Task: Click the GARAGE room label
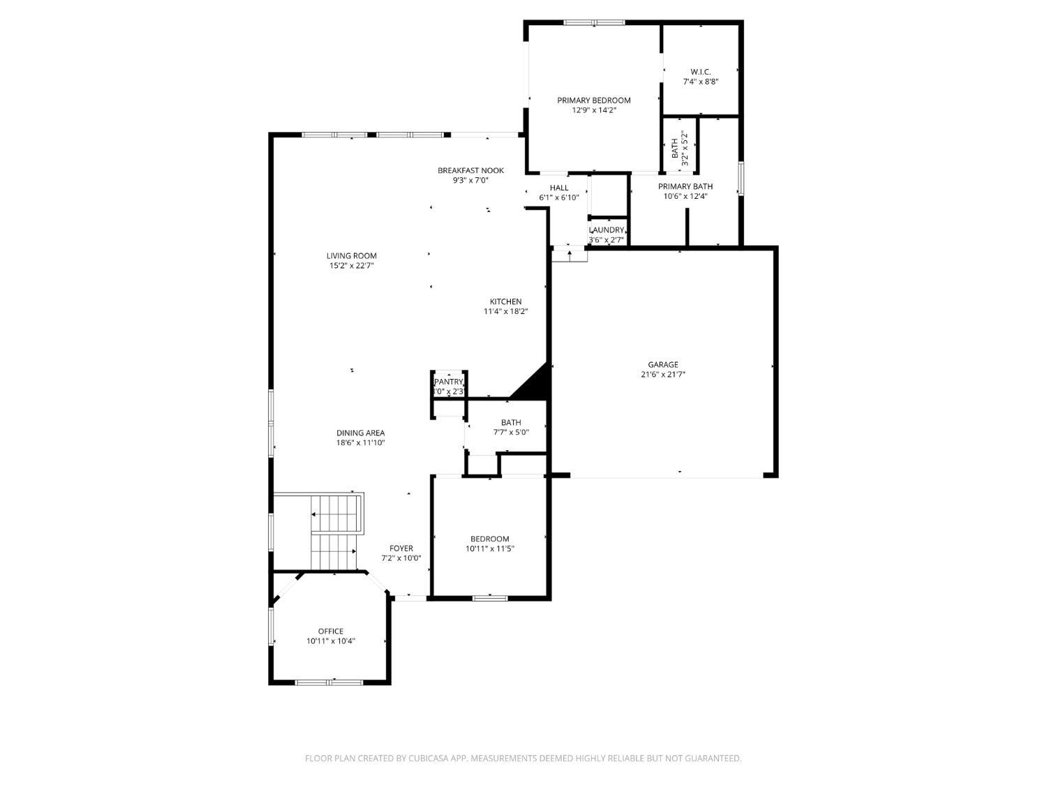662,365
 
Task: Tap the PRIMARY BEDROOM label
594,100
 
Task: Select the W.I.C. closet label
700,72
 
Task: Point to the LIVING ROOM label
352,256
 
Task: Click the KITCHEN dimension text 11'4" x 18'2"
505,311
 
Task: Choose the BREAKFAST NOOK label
470,171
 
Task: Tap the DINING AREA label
361,433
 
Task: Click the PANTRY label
448,382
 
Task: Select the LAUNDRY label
607,230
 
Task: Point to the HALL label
559,188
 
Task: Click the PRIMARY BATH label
685,186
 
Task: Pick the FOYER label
401,548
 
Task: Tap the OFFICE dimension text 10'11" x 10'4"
331,641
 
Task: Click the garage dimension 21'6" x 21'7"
662,375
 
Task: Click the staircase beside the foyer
336,532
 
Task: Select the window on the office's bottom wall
329,682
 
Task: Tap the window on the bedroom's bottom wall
490,598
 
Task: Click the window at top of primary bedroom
594,22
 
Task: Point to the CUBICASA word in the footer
428,758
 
